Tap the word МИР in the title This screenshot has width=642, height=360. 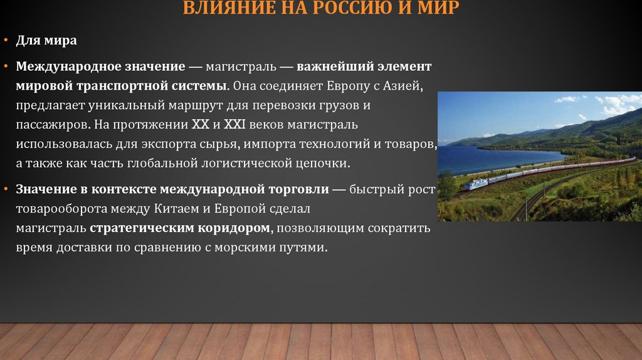pos(436,8)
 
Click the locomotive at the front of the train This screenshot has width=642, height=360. pos(475,184)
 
